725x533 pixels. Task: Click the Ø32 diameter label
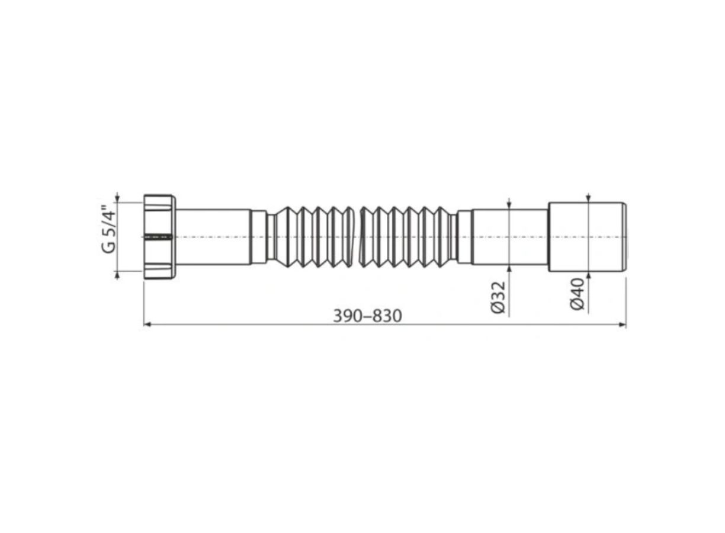tap(498, 297)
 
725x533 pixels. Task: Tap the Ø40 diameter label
tap(577, 294)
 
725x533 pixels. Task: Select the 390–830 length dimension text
tap(368, 316)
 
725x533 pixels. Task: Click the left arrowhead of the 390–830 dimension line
tap(147, 325)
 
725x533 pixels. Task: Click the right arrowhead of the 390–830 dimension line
tap(622, 325)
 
